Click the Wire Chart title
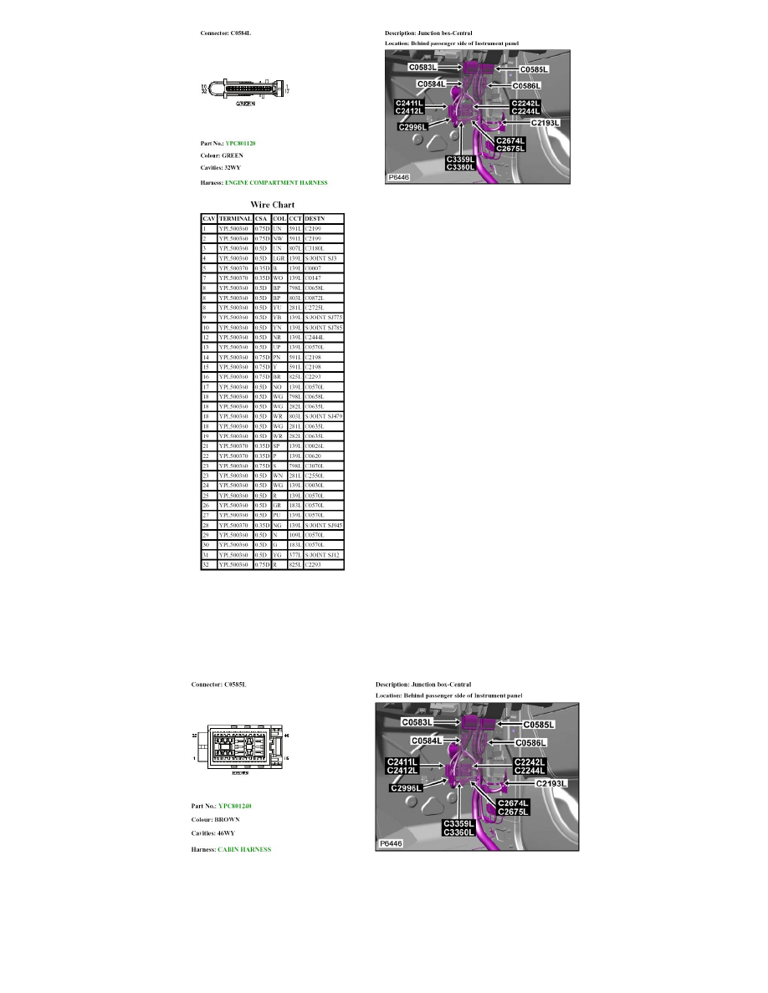tap(272, 204)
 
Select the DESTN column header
tap(315, 218)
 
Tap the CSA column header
tap(263, 218)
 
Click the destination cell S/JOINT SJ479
tap(323, 415)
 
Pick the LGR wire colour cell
tap(279, 258)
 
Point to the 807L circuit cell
tap(294, 248)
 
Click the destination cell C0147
tap(313, 278)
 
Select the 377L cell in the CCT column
tap(294, 555)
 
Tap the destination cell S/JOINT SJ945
tap(323, 525)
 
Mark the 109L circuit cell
tap(294, 535)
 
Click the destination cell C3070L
tap(315, 466)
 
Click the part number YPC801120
tap(241, 144)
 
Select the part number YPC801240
tap(235, 807)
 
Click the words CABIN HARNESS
tap(244, 850)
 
